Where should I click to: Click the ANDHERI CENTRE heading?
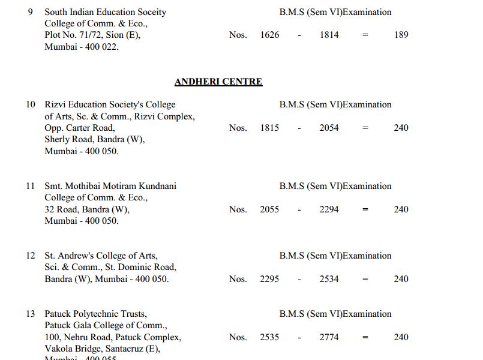(x=218, y=82)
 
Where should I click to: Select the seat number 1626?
(x=269, y=35)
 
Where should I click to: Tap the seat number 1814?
(x=329, y=35)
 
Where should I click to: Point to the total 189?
(x=401, y=35)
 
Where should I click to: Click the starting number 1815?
(x=269, y=128)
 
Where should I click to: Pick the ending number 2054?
(x=329, y=128)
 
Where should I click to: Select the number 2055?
(x=269, y=209)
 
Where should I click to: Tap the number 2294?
(x=329, y=209)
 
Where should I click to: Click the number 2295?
(x=269, y=279)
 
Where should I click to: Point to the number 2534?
(x=329, y=279)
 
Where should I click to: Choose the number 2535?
(x=269, y=337)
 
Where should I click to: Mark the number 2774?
(x=329, y=337)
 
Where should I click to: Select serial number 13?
(x=31, y=314)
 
